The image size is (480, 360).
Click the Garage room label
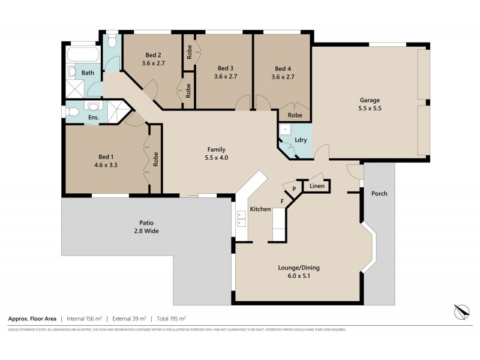coord(370,100)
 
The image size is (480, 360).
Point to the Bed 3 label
coord(226,68)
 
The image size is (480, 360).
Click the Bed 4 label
coord(283,68)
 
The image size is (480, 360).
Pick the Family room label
coord(217,149)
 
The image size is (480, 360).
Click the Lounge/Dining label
coord(298,268)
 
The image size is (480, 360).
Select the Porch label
coord(379,193)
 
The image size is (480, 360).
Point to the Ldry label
coord(301,140)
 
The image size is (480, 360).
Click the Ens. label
coord(94,118)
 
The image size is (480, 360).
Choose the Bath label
coord(88,73)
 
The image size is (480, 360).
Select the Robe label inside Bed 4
coord(295,115)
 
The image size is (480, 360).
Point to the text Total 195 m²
coord(171,319)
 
